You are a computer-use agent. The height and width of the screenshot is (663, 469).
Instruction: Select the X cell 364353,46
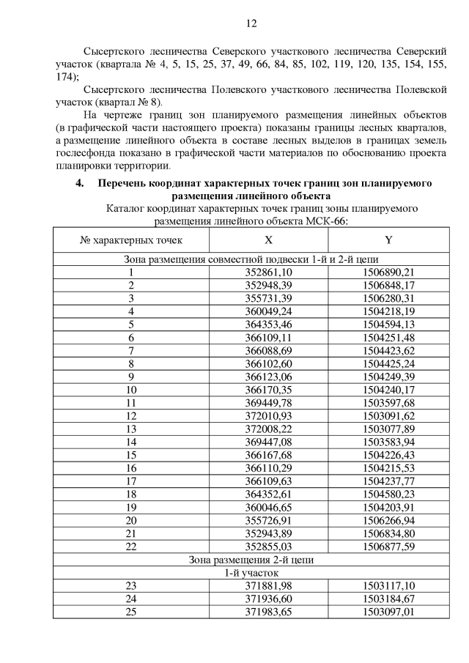coord(268,325)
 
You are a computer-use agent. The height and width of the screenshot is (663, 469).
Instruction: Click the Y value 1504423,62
coord(388,350)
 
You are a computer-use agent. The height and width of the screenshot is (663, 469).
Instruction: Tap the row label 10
coord(131,390)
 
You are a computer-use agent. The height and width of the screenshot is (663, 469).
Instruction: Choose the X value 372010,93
coord(268,416)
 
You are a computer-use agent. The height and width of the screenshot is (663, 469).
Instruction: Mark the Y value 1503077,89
coord(388,429)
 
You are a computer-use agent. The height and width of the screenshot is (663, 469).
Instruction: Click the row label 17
coord(131,481)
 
